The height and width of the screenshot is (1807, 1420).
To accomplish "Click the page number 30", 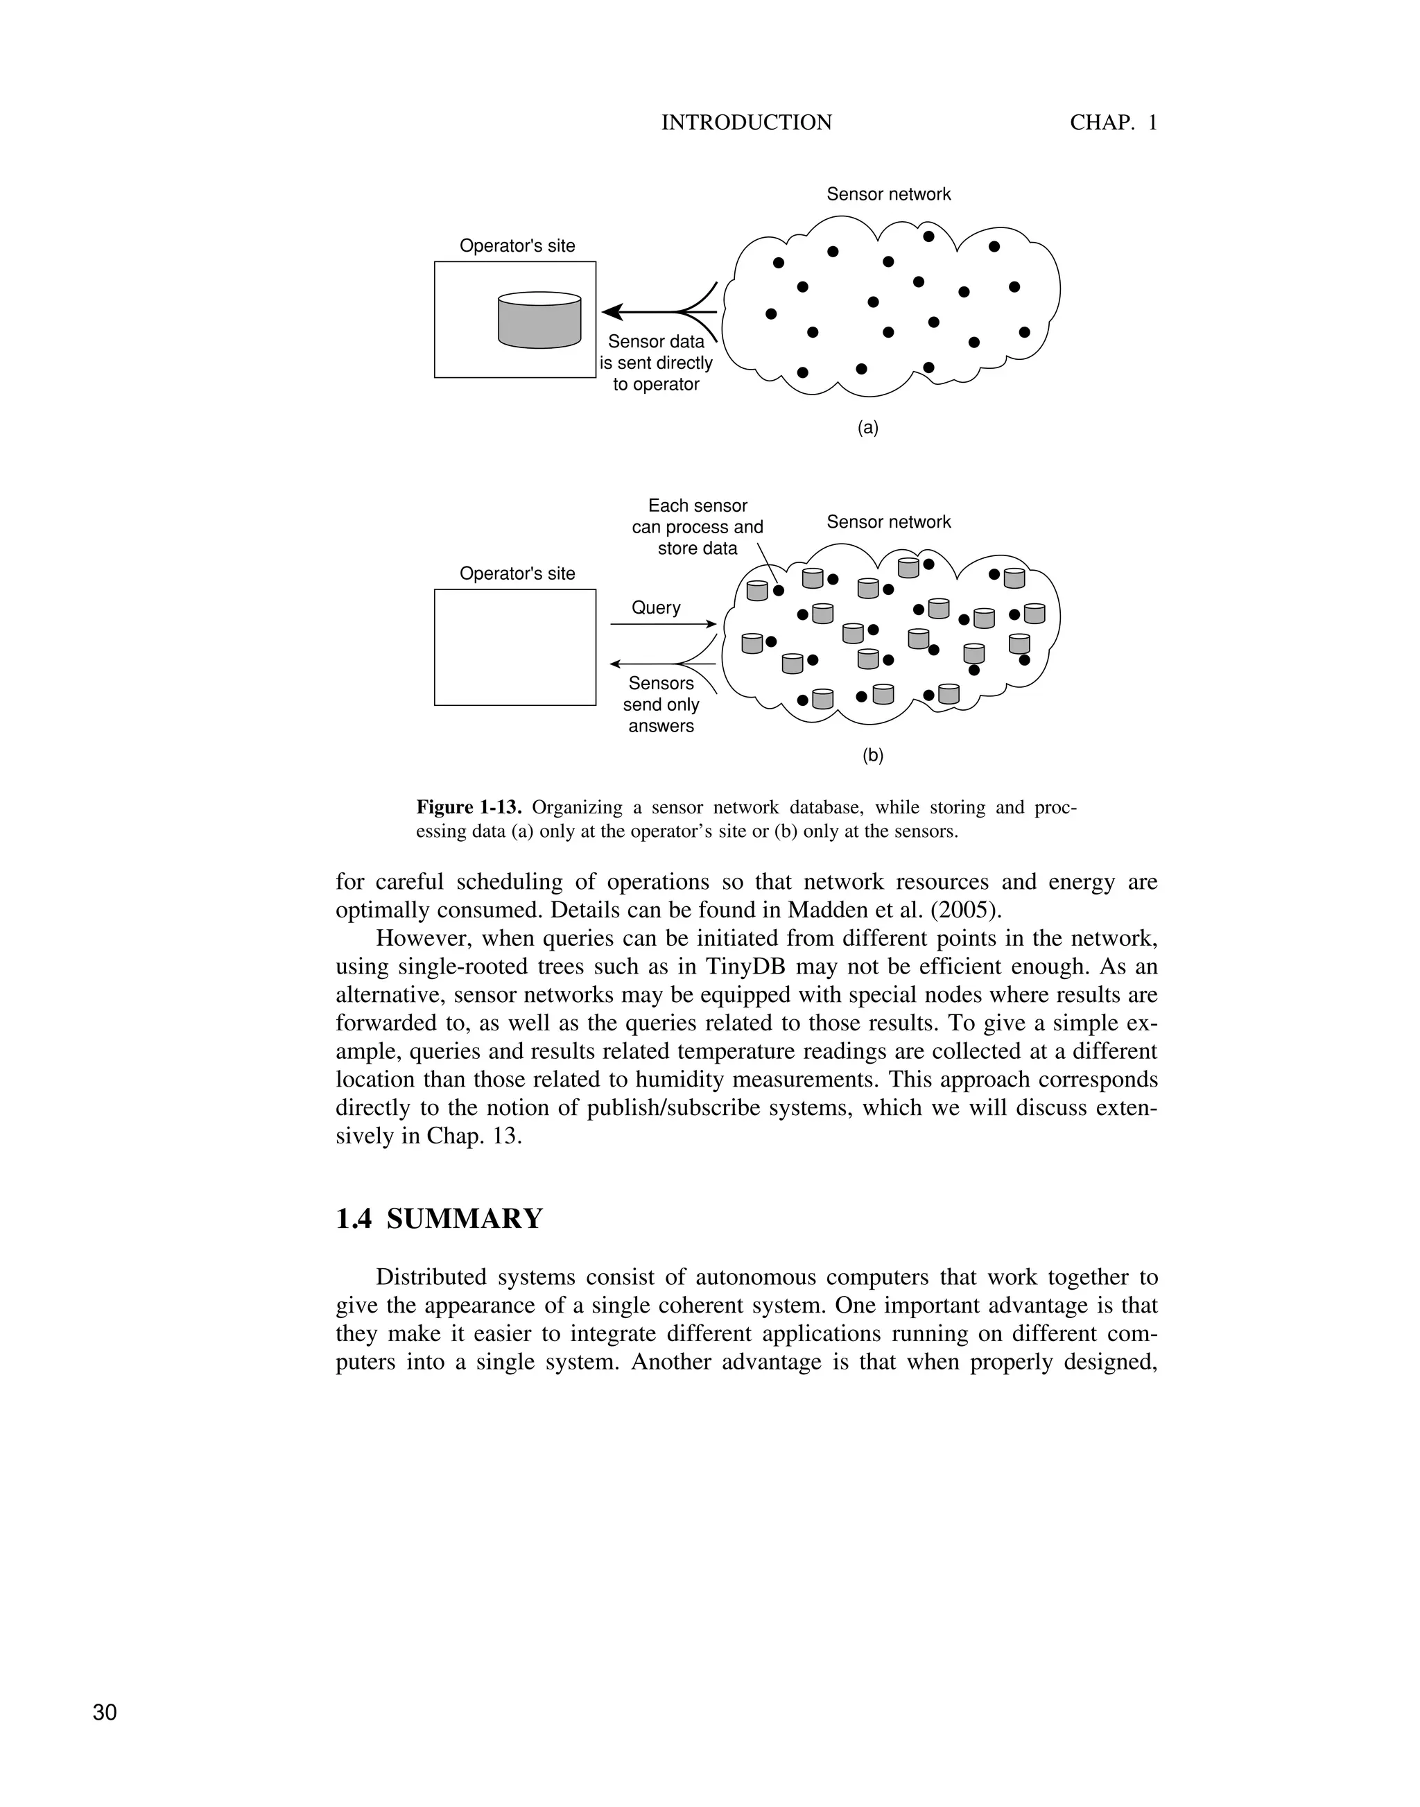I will (105, 1712).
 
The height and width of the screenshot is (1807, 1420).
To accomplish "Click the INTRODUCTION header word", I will (746, 122).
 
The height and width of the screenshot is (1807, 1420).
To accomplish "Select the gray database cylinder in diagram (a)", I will (539, 320).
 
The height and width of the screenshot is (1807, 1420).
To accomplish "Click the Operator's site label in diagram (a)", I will (517, 246).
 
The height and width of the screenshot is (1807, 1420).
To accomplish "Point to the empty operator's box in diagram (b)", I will (514, 647).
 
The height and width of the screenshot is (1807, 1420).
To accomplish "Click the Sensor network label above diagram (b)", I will (888, 522).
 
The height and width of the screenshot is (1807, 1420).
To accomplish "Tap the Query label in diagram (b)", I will (656, 608).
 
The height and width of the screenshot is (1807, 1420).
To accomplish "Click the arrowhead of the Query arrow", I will (711, 623).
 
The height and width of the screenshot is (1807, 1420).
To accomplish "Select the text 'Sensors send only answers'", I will (661, 704).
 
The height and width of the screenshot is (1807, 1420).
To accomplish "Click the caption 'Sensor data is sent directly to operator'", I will (656, 363).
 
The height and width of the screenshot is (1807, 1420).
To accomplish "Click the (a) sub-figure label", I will (867, 429).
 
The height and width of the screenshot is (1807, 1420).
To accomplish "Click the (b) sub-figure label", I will (872, 756).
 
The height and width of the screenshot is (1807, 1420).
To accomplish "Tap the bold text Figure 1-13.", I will (468, 807).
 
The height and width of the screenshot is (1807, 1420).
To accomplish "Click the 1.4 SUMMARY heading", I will (439, 1219).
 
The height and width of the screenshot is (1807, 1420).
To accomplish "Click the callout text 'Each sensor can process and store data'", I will (697, 527).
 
